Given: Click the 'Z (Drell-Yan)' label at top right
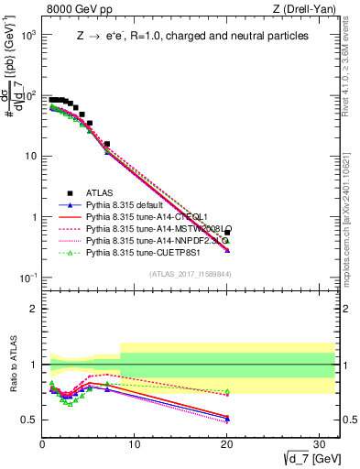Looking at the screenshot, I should point(309,10).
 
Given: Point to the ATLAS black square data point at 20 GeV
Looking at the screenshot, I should point(227,233).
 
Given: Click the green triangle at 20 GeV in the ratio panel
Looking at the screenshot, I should point(227,392).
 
